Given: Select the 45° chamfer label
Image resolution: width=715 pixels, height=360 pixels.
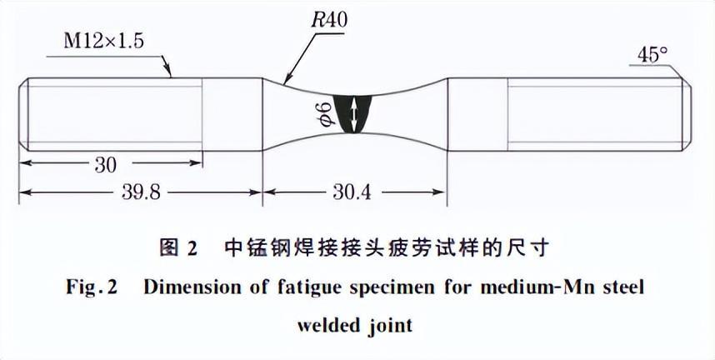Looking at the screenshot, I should click(x=652, y=55).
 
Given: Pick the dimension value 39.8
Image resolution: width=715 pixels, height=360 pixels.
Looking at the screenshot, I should click(x=138, y=192).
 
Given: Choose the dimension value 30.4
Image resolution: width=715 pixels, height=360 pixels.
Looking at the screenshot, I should click(x=354, y=192).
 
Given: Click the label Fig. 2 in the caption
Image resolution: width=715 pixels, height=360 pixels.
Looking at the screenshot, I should click(x=92, y=287).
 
